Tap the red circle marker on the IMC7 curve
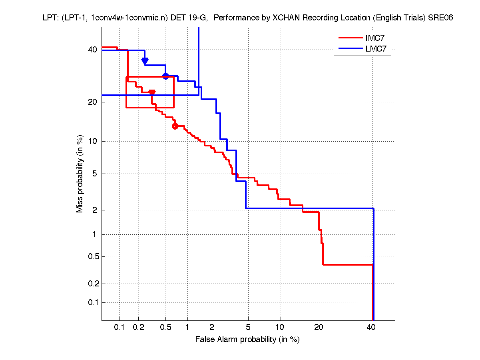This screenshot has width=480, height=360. [x=175, y=126]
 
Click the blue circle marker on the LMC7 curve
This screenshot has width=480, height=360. [x=165, y=76]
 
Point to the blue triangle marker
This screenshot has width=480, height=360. [x=145, y=60]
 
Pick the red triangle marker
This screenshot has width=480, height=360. [x=152, y=92]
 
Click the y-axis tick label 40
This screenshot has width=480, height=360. [x=92, y=50]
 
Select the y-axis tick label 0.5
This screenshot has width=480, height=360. [x=91, y=256]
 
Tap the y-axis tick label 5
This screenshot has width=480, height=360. [x=94, y=174]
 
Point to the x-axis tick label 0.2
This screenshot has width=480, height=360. [x=138, y=328]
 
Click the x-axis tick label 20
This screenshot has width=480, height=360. [x=319, y=328]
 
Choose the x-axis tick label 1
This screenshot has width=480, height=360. [x=187, y=328]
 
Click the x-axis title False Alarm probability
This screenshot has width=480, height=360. [x=247, y=340]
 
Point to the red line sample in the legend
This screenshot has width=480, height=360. [x=349, y=38]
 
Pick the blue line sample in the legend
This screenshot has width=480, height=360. [x=349, y=50]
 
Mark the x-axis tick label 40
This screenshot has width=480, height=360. [x=371, y=328]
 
